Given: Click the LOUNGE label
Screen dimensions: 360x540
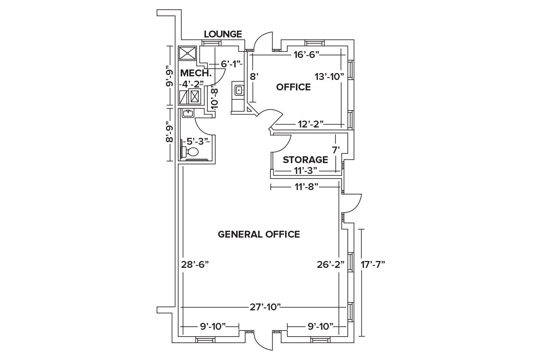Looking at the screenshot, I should pyautogui.click(x=223, y=34).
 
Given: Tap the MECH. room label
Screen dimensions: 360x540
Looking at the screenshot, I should pyautogui.click(x=195, y=73).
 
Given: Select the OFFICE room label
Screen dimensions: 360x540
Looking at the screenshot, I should pyautogui.click(x=293, y=87).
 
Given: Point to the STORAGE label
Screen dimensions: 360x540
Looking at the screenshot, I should pyautogui.click(x=305, y=159).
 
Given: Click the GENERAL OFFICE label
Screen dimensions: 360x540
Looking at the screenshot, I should pyautogui.click(x=259, y=234).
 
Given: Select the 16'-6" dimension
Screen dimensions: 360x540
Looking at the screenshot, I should pyautogui.click(x=307, y=55).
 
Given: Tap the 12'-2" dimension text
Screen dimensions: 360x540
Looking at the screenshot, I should pyautogui.click(x=311, y=125).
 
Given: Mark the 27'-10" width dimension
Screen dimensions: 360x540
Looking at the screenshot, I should pyautogui.click(x=265, y=307).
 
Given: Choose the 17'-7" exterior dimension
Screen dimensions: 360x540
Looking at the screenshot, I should pyautogui.click(x=373, y=265).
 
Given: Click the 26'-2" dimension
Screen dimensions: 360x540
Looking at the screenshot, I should pyautogui.click(x=330, y=265).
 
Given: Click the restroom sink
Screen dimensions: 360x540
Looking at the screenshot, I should pyautogui.click(x=188, y=113).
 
